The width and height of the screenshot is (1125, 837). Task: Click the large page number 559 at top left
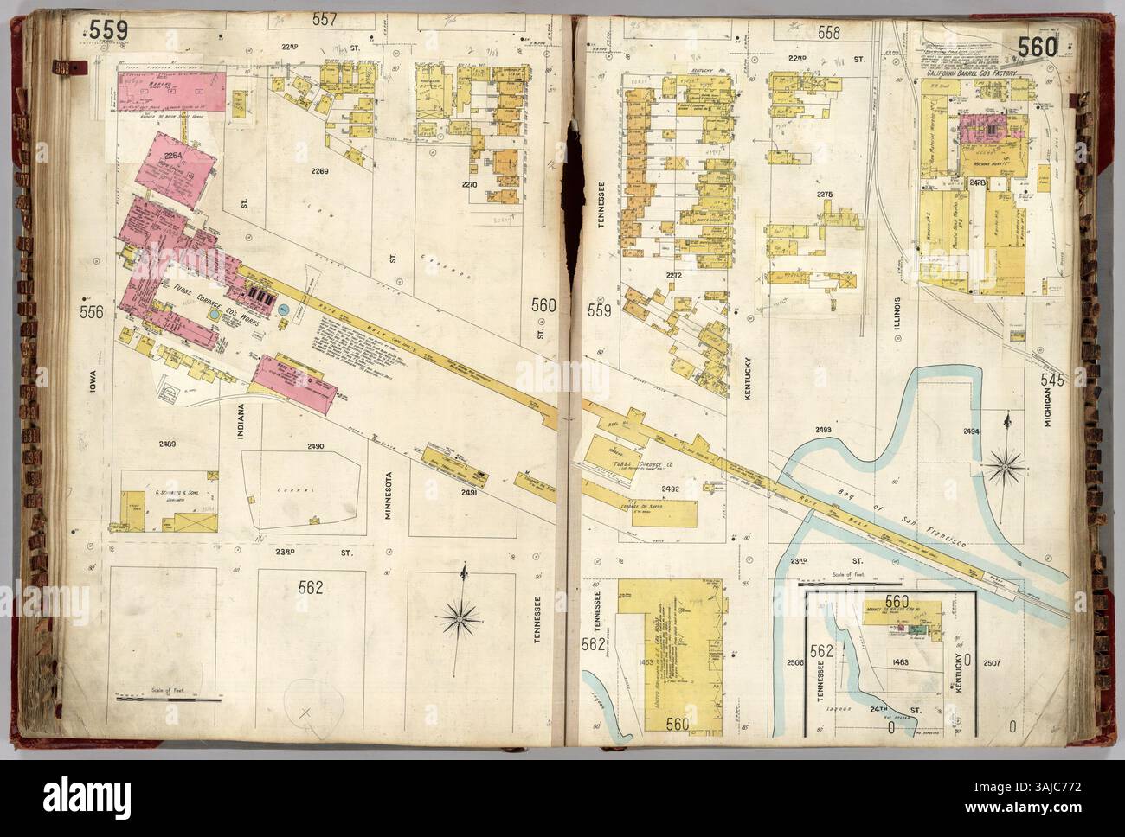[x=107, y=31]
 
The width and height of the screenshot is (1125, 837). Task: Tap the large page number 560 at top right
[x=1037, y=48]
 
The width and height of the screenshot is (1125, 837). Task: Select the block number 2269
[x=320, y=171]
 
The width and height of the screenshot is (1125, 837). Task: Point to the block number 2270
[x=470, y=184]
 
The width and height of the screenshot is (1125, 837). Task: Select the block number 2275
[x=824, y=195]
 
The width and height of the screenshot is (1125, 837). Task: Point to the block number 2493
[x=823, y=430]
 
